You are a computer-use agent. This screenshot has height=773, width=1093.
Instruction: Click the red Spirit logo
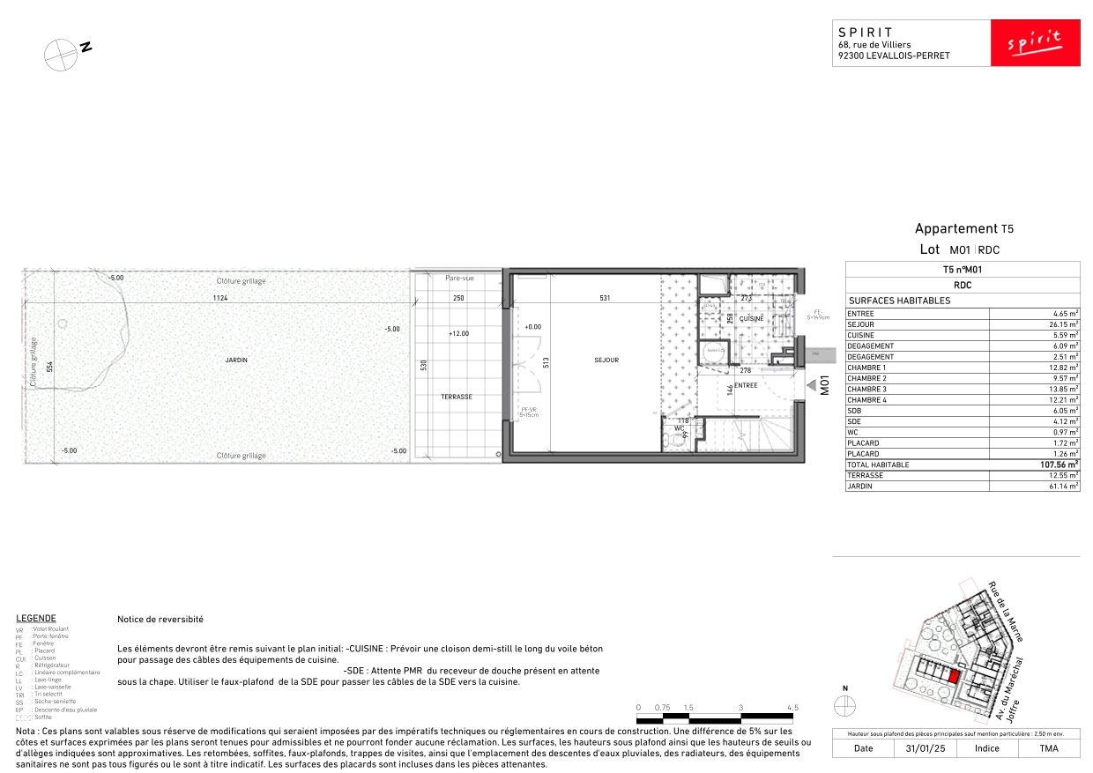[1035, 42]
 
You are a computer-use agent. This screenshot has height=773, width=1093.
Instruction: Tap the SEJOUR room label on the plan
[606, 360]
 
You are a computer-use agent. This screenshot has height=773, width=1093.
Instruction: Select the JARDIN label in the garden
[235, 360]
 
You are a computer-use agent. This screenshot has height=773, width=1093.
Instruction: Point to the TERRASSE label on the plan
[457, 397]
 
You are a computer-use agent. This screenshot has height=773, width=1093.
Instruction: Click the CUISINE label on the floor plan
[751, 319]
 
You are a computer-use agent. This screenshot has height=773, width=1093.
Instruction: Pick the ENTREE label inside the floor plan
[746, 385]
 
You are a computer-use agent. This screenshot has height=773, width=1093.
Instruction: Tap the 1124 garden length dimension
[219, 298]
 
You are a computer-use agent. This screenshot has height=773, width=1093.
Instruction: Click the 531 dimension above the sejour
[605, 298]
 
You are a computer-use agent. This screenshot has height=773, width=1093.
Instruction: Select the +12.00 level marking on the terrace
[457, 333]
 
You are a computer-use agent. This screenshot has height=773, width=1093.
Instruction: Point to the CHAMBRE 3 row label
[866, 389]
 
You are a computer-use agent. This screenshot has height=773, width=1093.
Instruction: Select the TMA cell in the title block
[1048, 748]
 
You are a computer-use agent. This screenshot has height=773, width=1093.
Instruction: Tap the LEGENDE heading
[36, 618]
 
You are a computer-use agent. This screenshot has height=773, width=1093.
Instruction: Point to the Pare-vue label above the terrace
[459, 278]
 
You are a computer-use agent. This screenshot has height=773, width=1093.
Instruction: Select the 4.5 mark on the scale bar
[792, 708]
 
